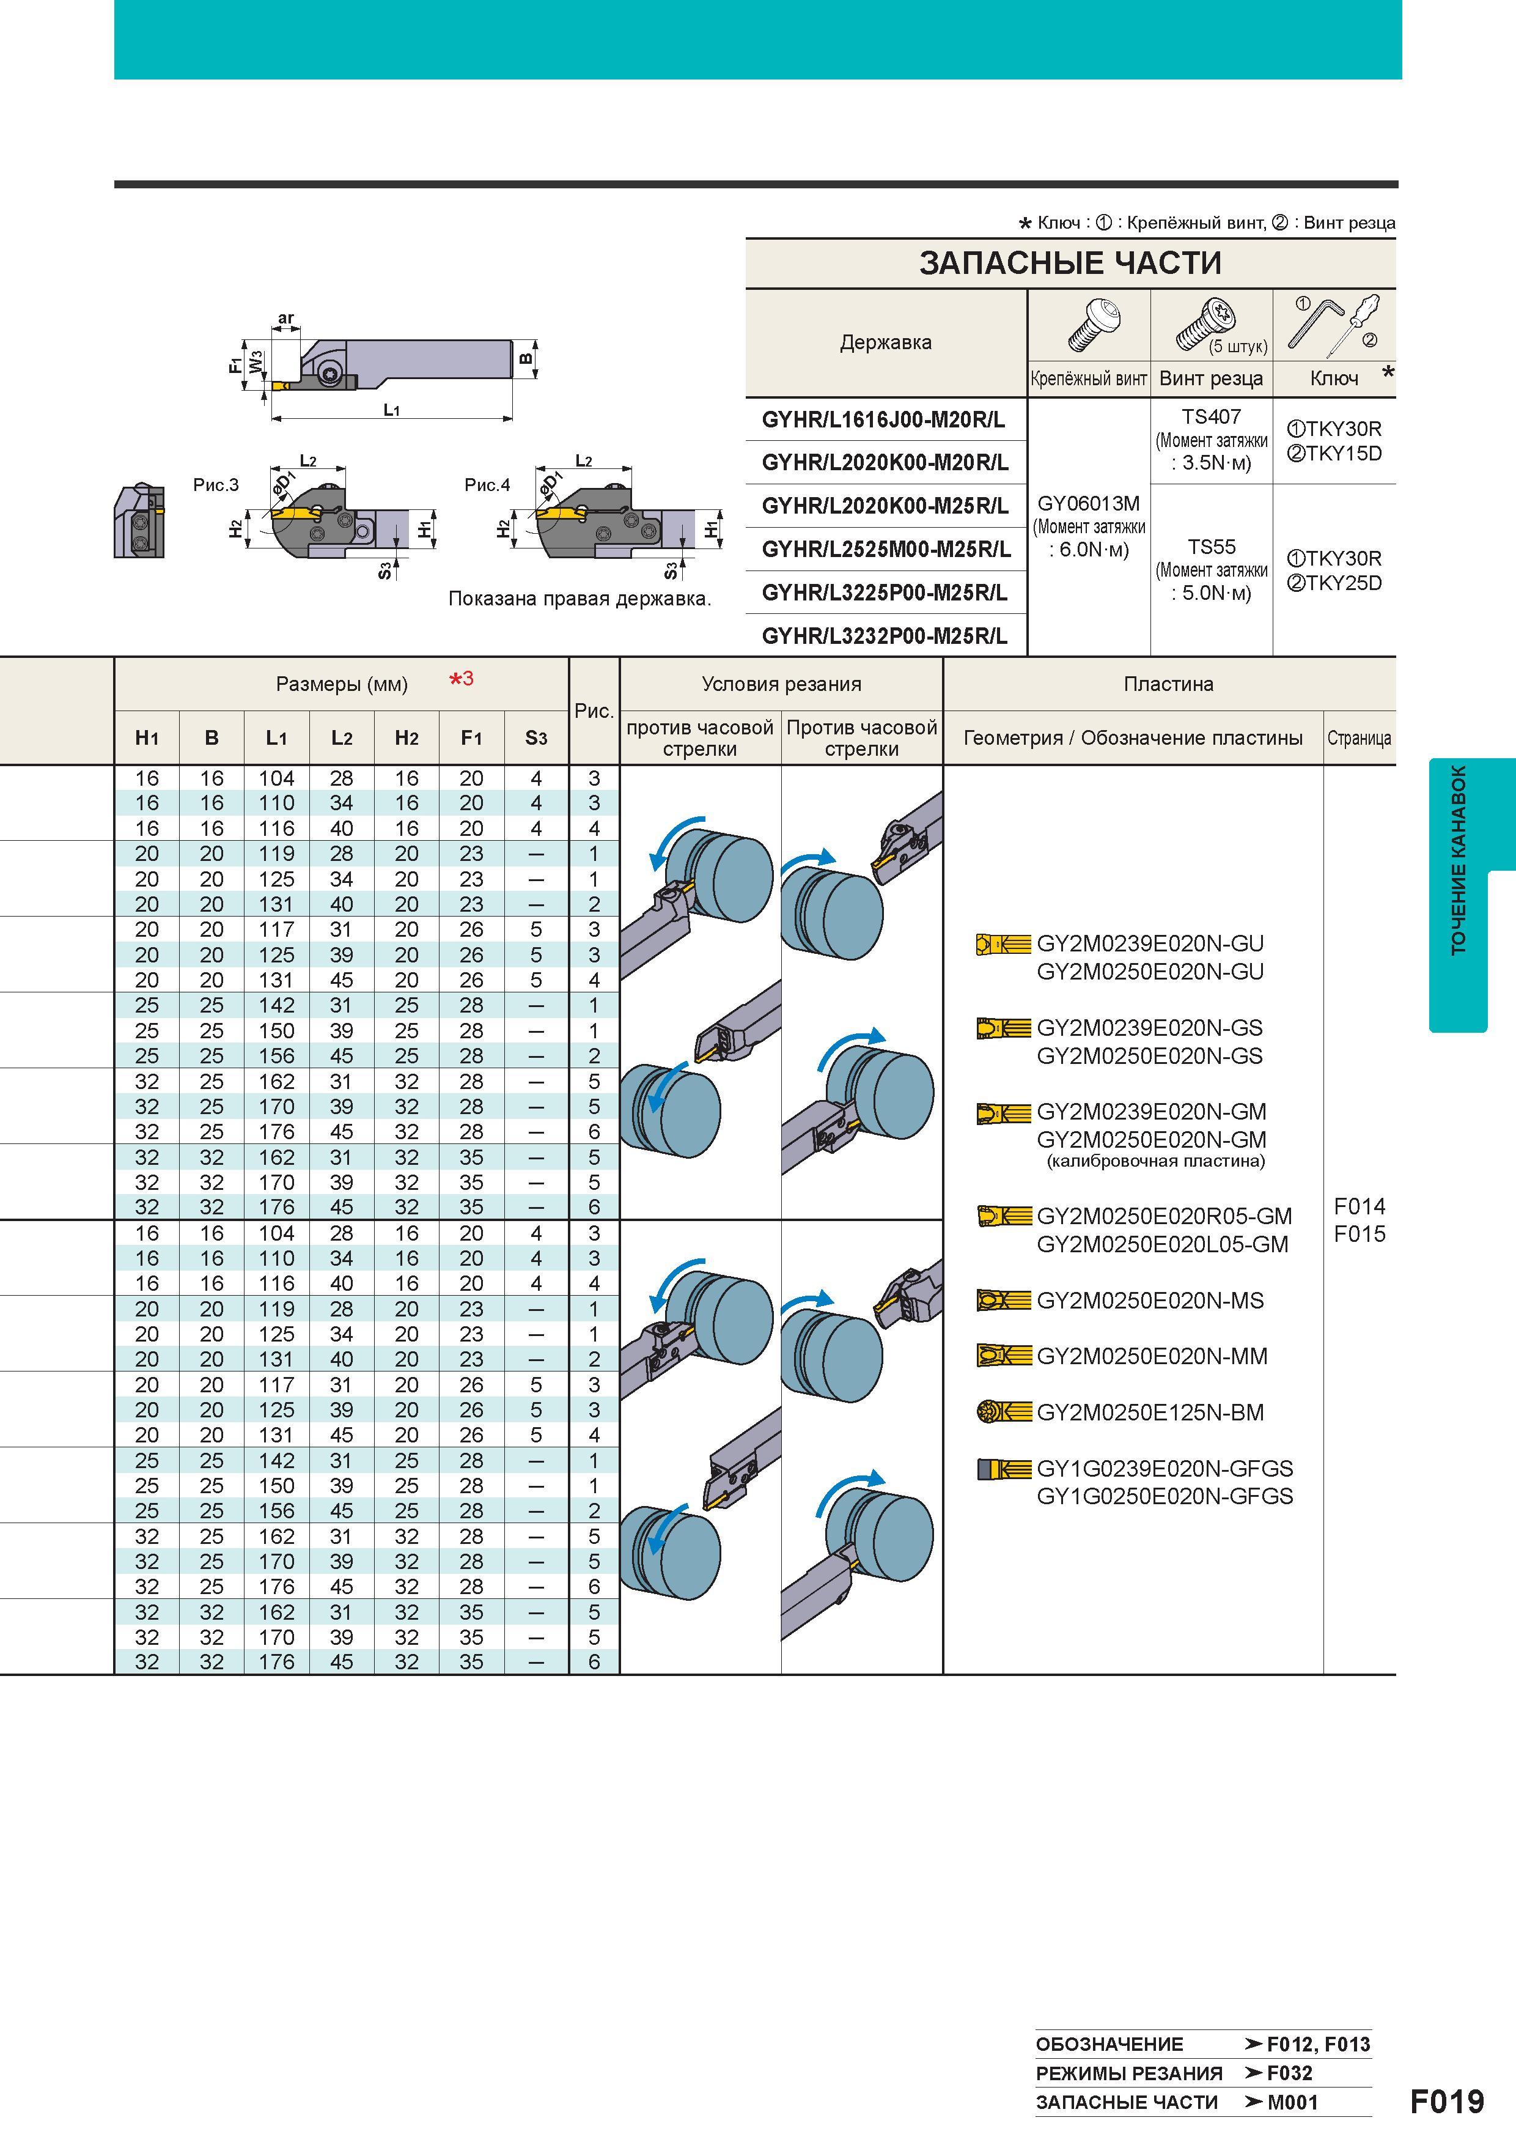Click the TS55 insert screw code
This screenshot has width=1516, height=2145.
pos(1212,547)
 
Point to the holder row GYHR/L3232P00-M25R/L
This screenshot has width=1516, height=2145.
pos(885,636)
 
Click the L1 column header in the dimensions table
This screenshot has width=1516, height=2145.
pos(276,738)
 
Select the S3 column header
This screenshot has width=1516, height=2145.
pos(536,738)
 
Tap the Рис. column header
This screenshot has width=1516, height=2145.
pos(594,711)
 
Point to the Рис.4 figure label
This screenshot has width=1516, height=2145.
pos(488,485)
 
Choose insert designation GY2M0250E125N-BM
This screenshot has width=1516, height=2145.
pos(1150,1412)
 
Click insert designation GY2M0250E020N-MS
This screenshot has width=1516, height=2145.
pos(1150,1301)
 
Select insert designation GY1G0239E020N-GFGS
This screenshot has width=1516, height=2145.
pos(1165,1469)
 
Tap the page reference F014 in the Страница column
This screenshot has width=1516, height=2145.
pos(1359,1206)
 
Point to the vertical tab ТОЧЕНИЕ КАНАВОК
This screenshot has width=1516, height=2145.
pos(1458,860)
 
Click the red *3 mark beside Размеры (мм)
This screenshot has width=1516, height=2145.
pos(462,678)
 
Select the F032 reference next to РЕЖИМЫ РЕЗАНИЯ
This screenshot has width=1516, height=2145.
pos(1290,2073)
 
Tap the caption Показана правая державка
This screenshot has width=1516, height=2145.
pos(579,599)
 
